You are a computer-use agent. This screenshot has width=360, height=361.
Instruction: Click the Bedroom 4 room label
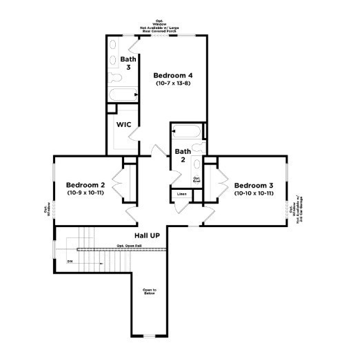coord(172,75)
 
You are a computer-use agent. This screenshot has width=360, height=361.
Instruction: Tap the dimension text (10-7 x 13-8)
coord(172,84)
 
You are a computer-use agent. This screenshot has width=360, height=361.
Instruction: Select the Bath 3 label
coord(128,63)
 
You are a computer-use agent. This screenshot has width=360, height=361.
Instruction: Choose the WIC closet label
coord(123,125)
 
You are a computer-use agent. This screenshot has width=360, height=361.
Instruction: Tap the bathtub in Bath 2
coord(186,130)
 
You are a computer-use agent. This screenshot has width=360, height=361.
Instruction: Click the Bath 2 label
coord(182,155)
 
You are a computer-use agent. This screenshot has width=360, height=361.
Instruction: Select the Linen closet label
coord(181,195)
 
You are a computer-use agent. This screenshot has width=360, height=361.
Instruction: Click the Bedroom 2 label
coord(85,185)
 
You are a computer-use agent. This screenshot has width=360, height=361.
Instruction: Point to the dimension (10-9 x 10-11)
coord(85,193)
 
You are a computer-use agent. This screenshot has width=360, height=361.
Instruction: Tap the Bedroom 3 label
coord(253,185)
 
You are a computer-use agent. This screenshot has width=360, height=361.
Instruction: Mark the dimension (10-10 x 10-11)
coord(253,193)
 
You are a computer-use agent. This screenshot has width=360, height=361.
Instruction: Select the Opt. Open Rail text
coord(129,246)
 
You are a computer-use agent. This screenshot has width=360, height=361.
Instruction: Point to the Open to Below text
coord(150,291)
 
